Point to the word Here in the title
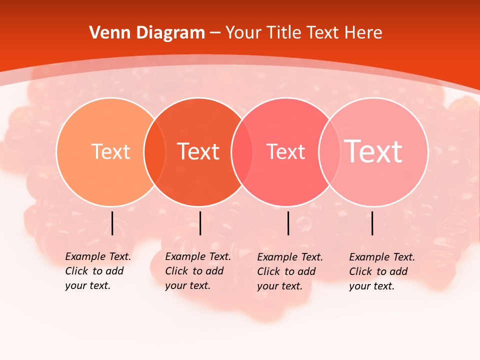tap(364, 33)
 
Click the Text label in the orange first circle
tap(110, 151)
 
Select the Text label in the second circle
tap(198, 151)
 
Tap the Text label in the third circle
tap(285, 151)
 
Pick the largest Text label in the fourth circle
tap(373, 151)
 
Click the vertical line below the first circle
tap(112, 223)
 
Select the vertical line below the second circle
tap(200, 223)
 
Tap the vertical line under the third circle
tap(288, 223)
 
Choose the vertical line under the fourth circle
tap(372, 223)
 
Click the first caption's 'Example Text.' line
tap(98, 256)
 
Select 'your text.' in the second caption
tap(187, 285)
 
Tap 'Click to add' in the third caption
tap(286, 271)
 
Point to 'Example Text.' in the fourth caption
tap(382, 257)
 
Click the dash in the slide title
tap(215, 33)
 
